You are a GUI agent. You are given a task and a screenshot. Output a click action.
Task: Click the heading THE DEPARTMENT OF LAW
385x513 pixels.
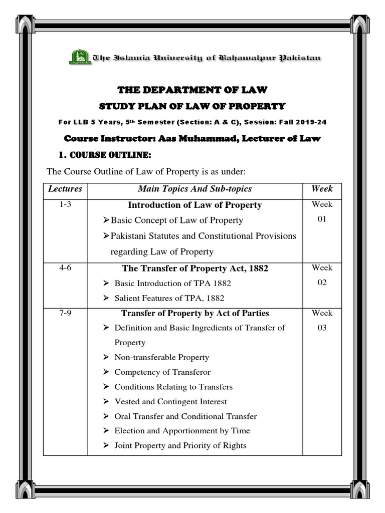[192, 90]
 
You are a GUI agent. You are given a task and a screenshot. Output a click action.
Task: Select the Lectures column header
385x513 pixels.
[65, 189]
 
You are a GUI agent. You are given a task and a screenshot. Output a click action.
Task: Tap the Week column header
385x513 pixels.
[322, 189]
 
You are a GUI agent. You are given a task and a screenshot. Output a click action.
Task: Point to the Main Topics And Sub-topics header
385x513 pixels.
[195, 189]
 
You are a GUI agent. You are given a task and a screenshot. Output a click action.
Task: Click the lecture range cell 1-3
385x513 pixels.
[65, 204]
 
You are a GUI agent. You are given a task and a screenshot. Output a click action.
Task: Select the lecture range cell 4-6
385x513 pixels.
[65, 268]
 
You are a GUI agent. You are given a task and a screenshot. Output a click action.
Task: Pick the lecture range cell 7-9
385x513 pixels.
[65, 313]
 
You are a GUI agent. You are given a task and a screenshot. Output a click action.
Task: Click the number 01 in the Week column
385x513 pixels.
[322, 219]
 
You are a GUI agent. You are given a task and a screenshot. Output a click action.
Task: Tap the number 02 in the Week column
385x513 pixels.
[322, 283]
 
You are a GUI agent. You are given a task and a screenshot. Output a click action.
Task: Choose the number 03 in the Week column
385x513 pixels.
[322, 328]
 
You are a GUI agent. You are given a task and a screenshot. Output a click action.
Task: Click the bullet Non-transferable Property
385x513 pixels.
[161, 358]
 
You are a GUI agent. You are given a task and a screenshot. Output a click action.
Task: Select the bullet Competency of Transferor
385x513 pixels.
[162, 372]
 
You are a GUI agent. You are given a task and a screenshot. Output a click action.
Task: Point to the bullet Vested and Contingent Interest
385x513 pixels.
[170, 402]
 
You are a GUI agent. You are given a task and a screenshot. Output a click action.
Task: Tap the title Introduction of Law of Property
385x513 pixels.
[195, 205]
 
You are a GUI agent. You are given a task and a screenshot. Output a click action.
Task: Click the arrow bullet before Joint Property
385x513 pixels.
[106, 446]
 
